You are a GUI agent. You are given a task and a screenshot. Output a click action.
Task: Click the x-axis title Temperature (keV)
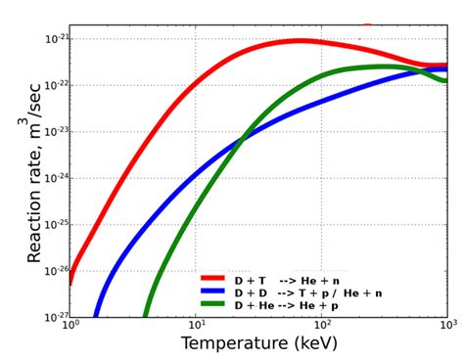pyautogui.click(x=258, y=345)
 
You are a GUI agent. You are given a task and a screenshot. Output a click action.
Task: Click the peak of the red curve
pyautogui.click(x=300, y=41)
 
